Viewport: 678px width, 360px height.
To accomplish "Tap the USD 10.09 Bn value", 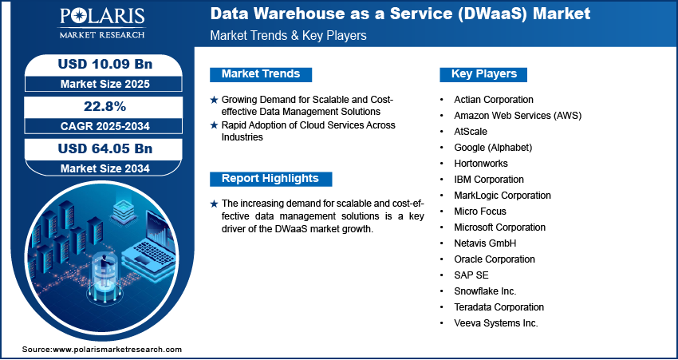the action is pyautogui.click(x=105, y=64).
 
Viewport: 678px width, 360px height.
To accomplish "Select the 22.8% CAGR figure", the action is pyautogui.click(x=105, y=106).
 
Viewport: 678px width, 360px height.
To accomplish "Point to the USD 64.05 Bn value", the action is pyautogui.click(x=105, y=148).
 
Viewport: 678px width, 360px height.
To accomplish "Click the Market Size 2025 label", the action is pyautogui.click(x=105, y=84).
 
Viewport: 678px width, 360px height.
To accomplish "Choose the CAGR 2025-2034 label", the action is pyautogui.click(x=105, y=126).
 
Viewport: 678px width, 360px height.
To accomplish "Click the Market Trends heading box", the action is pyautogui.click(x=261, y=74).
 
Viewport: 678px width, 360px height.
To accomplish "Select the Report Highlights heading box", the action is pyautogui.click(x=270, y=179).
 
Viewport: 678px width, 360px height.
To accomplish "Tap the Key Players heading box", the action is pyautogui.click(x=483, y=74).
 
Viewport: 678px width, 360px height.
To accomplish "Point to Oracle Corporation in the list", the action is pyautogui.click(x=495, y=259).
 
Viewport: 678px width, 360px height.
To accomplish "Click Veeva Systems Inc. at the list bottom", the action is pyautogui.click(x=496, y=323).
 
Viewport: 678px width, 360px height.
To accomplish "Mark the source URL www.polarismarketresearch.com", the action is pyautogui.click(x=116, y=349).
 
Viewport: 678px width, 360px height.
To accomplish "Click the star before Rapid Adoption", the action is pyautogui.click(x=214, y=125).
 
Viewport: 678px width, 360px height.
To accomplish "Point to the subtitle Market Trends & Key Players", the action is pyautogui.click(x=289, y=35).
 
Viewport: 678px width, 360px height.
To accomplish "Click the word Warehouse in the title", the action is pyautogui.click(x=296, y=14).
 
